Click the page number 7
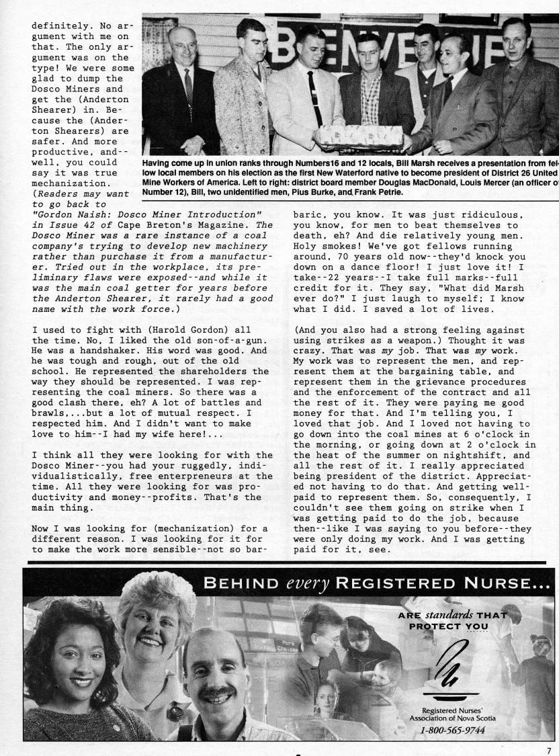548,750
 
